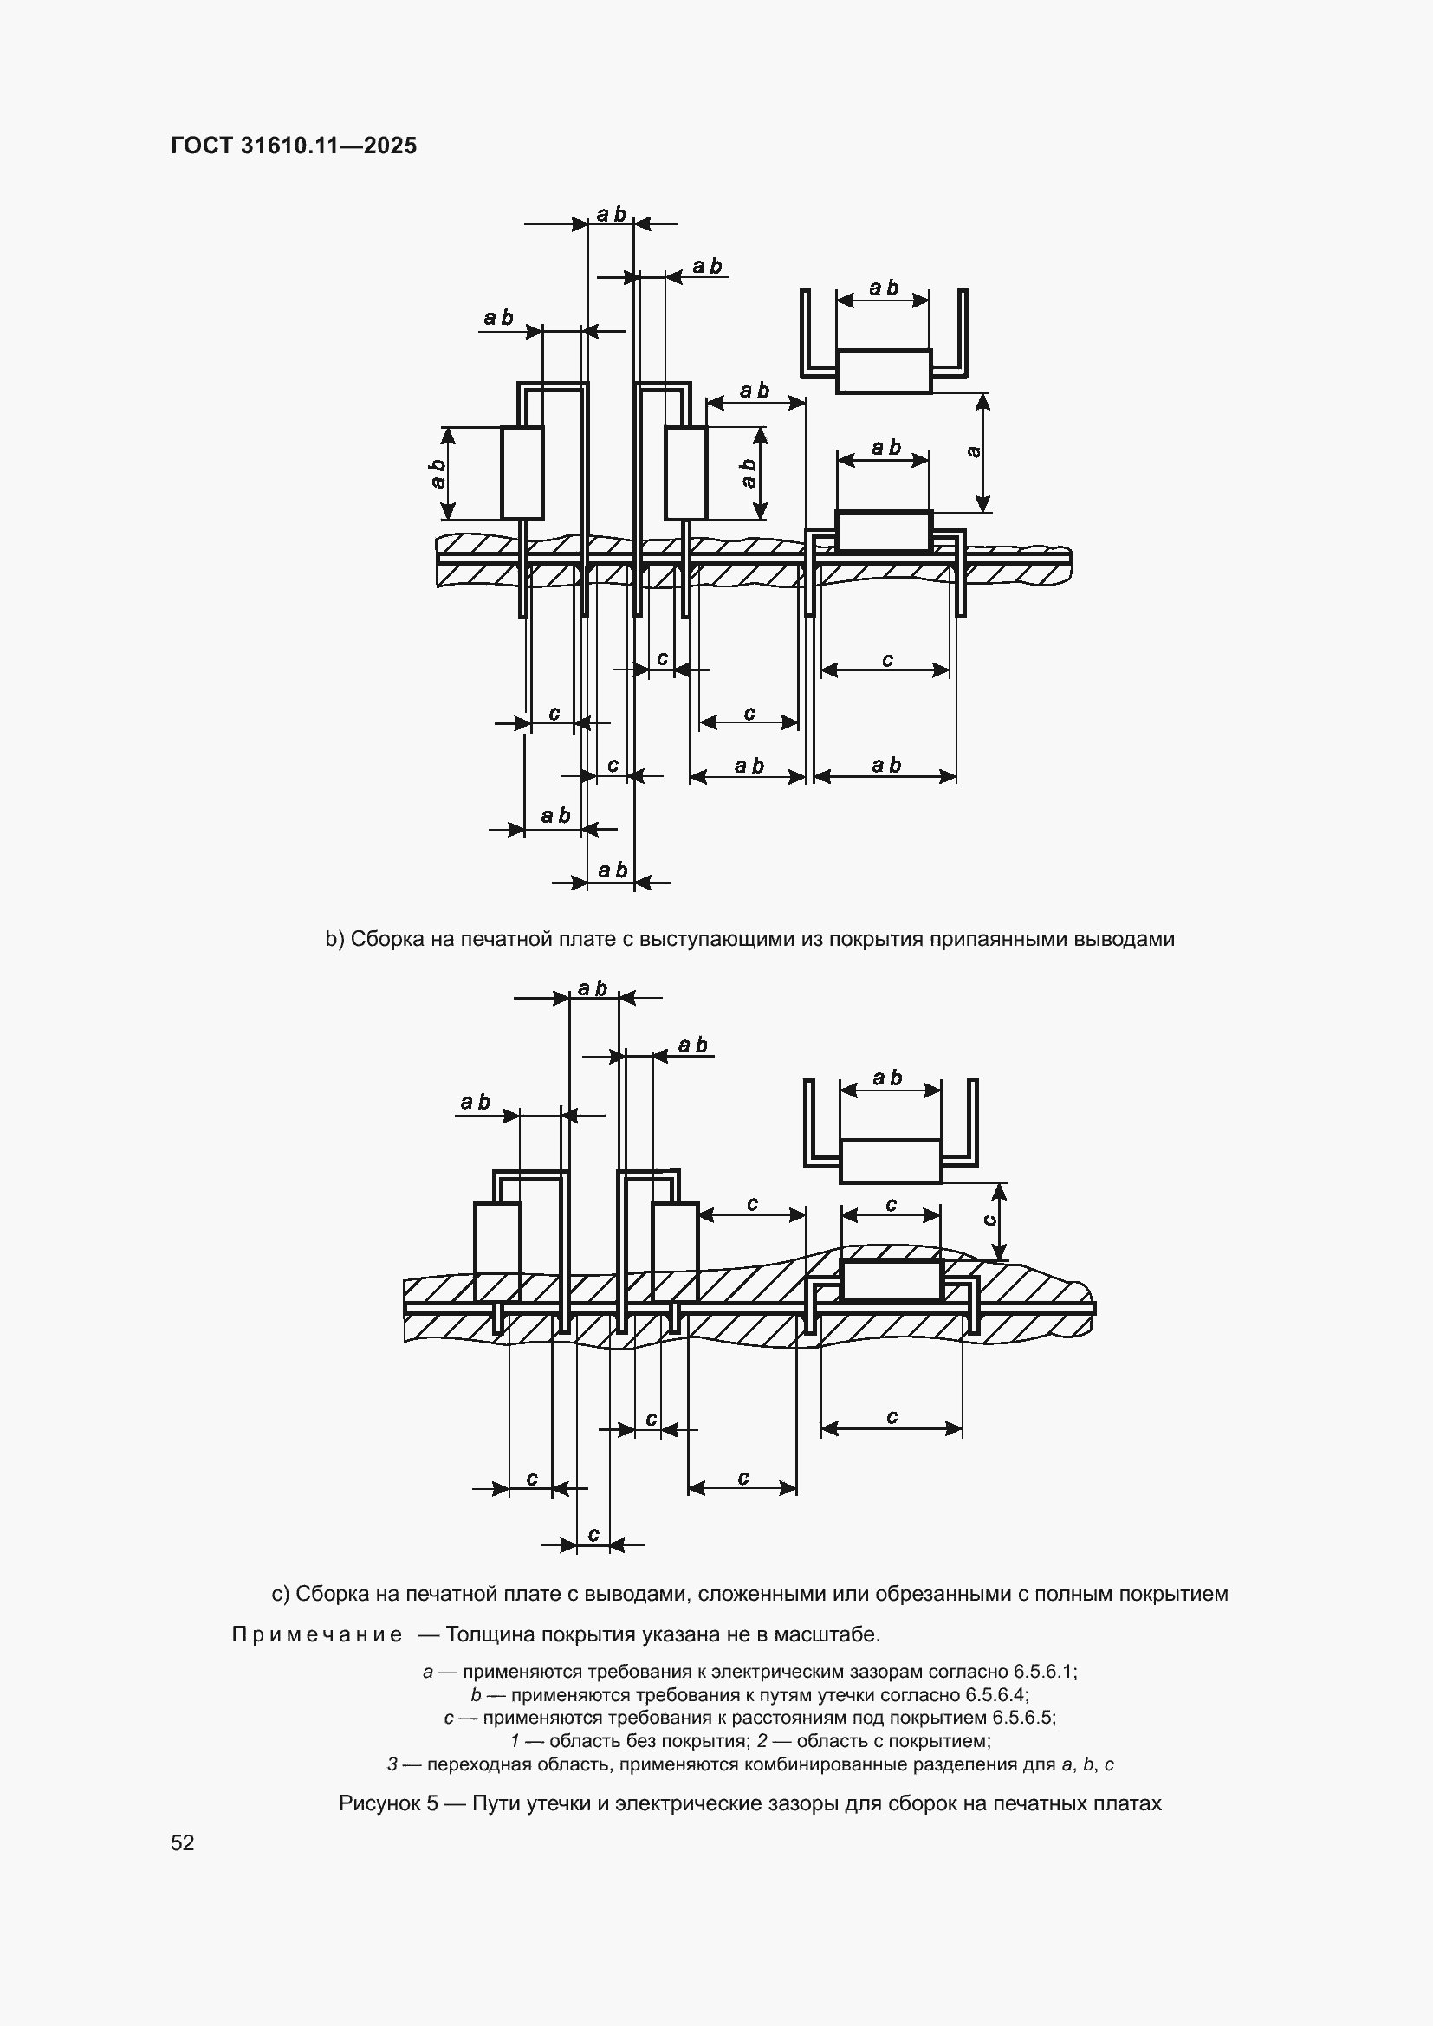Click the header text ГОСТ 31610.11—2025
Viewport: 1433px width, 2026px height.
click(294, 146)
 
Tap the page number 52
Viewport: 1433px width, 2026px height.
click(183, 1842)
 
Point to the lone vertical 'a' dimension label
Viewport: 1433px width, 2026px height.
click(973, 452)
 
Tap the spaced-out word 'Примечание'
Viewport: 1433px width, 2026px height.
click(317, 1635)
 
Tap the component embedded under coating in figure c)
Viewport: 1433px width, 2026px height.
click(892, 1280)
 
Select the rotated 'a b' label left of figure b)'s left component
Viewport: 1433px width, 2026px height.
click(438, 473)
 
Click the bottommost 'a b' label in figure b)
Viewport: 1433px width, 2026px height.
click(612, 870)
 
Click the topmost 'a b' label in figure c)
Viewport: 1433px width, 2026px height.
click(593, 988)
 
